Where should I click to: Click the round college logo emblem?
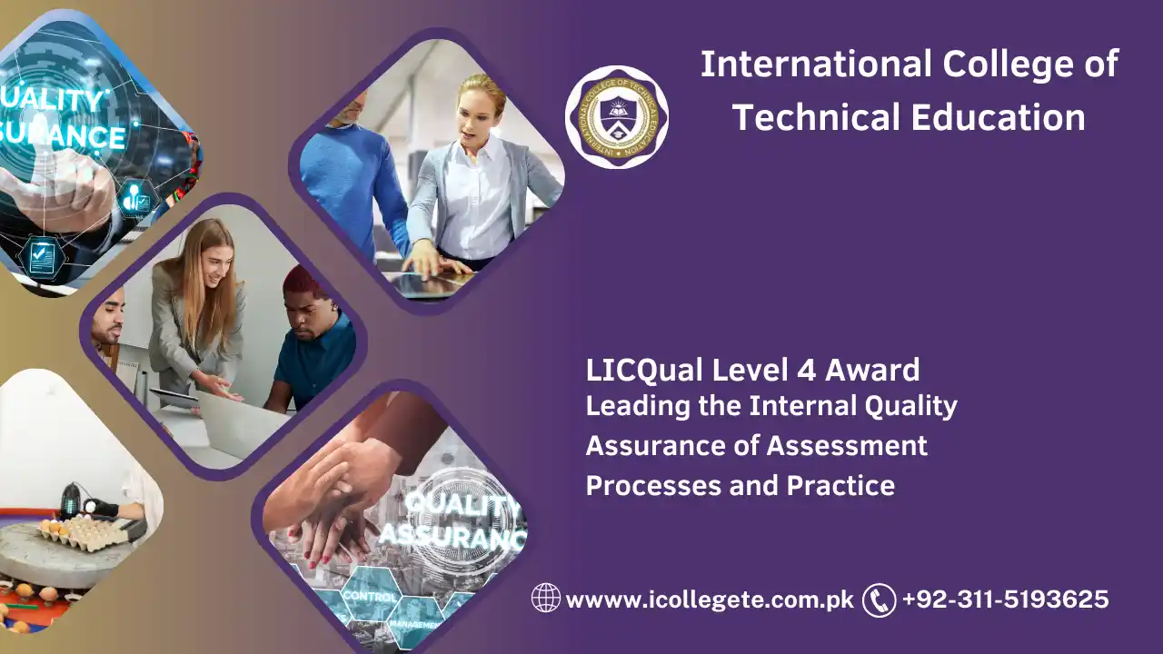[617, 117]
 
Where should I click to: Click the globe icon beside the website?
[546, 599]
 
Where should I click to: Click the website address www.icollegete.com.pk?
[710, 599]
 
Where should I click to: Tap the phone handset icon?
[879, 599]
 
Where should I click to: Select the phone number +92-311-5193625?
[1005, 599]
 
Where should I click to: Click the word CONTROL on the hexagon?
[370, 598]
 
